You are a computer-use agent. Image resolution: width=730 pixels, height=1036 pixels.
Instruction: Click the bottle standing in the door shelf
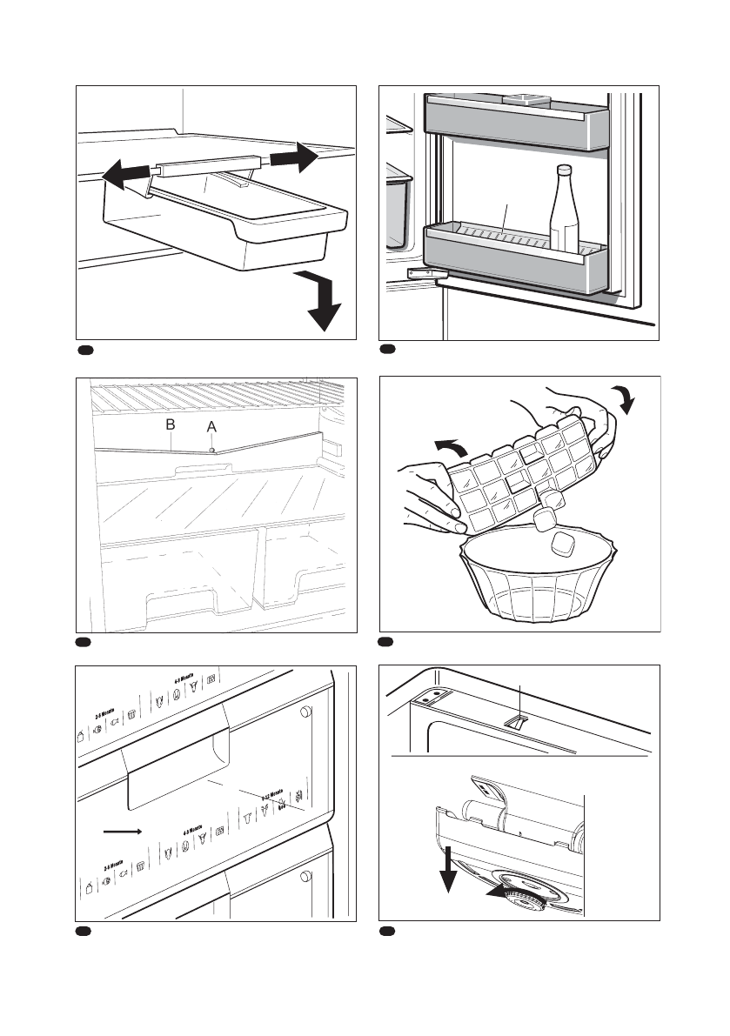point(564,213)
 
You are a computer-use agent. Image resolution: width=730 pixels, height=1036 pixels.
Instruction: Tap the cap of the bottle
point(564,170)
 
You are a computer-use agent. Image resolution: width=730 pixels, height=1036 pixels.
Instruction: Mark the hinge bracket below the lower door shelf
point(424,273)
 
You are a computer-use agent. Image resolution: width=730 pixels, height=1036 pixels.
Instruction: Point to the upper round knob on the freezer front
point(305,712)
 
